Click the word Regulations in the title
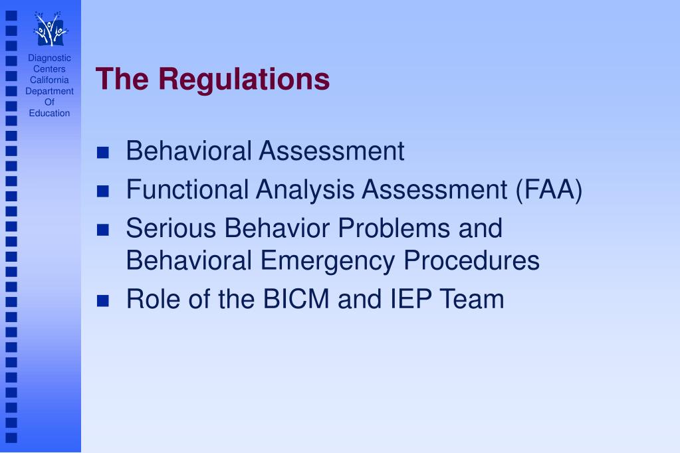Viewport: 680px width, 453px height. [243, 79]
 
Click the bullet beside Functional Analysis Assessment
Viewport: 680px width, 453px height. [102, 192]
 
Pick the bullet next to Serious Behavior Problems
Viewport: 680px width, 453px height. [102, 230]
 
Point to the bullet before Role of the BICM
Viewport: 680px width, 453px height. [102, 301]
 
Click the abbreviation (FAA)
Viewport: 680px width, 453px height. [549, 191]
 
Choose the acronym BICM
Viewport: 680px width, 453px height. [296, 300]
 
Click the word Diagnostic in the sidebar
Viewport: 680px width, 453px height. [49, 58]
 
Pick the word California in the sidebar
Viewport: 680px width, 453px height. [49, 80]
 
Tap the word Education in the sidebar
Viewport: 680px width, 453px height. [49, 113]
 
